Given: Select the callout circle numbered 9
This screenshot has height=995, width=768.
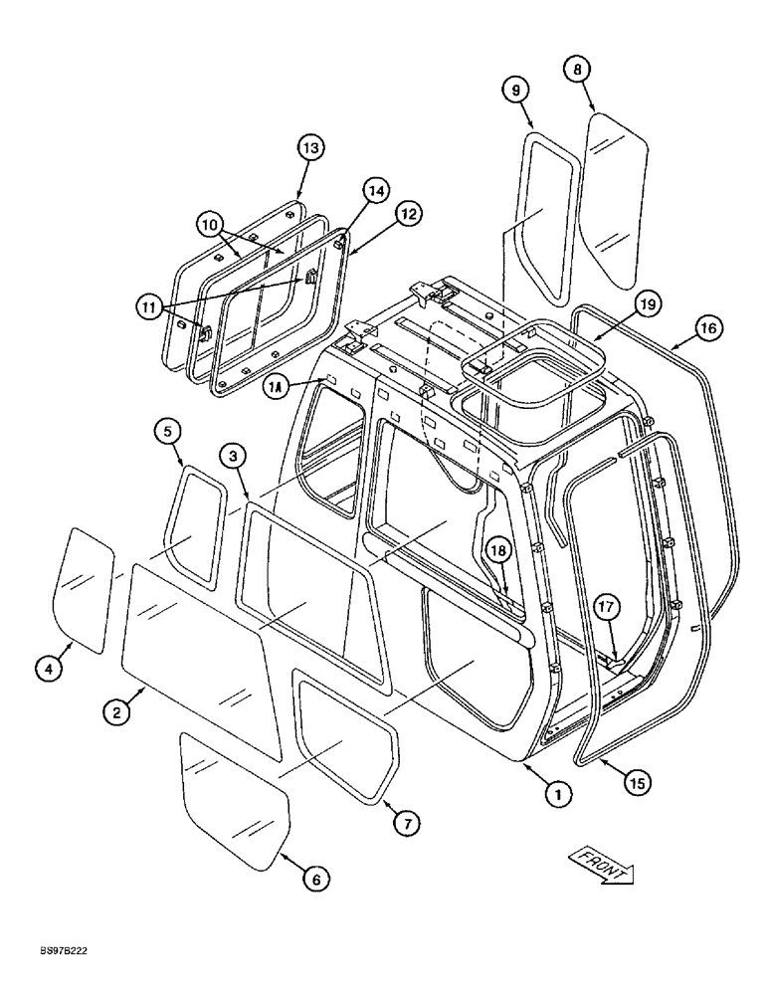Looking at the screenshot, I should (x=515, y=90).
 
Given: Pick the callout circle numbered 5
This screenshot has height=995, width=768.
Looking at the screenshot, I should (x=168, y=431).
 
